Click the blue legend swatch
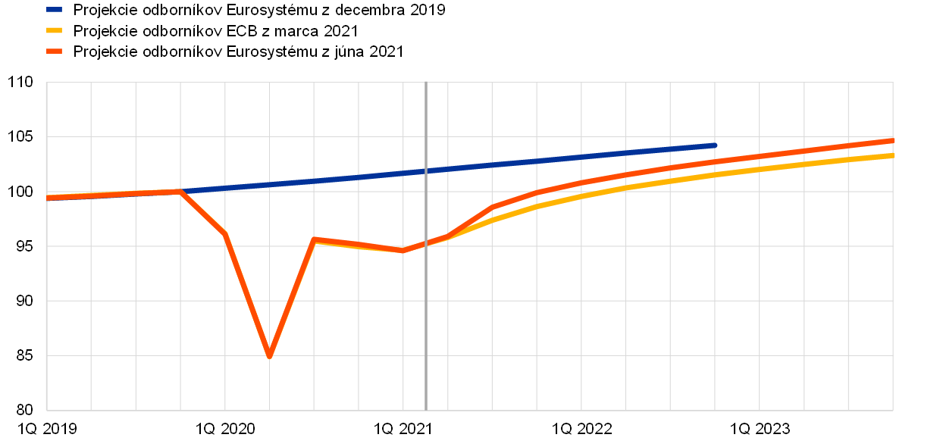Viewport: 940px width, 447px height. [54, 9]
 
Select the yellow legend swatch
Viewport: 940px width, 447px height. [54, 30]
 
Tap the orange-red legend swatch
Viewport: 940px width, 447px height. [54, 52]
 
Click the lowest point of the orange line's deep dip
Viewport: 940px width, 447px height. [269, 356]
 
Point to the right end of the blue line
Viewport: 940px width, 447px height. [716, 145]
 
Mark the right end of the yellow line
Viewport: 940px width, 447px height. [892, 155]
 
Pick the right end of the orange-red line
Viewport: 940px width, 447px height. [892, 140]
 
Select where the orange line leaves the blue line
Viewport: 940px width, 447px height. [180, 191]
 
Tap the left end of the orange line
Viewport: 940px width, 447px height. [48, 198]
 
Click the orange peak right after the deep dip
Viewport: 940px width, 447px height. [314, 239]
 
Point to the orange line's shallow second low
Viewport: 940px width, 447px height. [403, 250]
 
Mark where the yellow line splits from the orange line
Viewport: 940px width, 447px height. [447, 237]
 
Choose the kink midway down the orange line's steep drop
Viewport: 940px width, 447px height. [225, 233]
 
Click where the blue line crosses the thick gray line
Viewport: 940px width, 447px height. [426, 170]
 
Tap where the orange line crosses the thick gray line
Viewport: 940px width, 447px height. [426, 243]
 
